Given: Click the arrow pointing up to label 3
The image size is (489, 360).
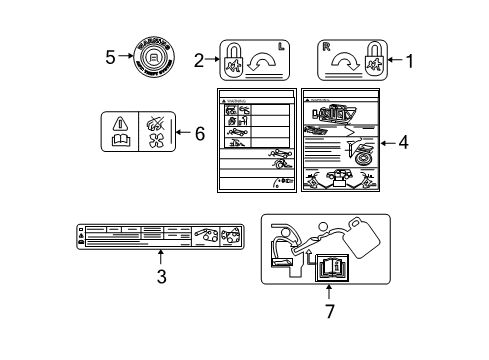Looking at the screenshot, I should (x=160, y=256).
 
